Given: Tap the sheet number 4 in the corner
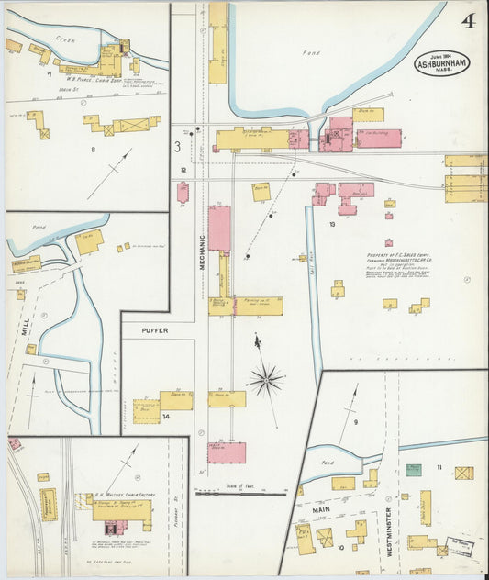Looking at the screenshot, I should point(469,20).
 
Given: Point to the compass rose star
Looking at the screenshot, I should point(266,378).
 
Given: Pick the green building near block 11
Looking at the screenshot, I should point(414,469).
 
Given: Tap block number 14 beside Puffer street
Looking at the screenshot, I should point(166,417).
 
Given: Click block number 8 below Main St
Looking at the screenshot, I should point(93,148).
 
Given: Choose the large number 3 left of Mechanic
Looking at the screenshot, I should point(177,146).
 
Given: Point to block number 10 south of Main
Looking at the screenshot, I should point(341,548).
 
